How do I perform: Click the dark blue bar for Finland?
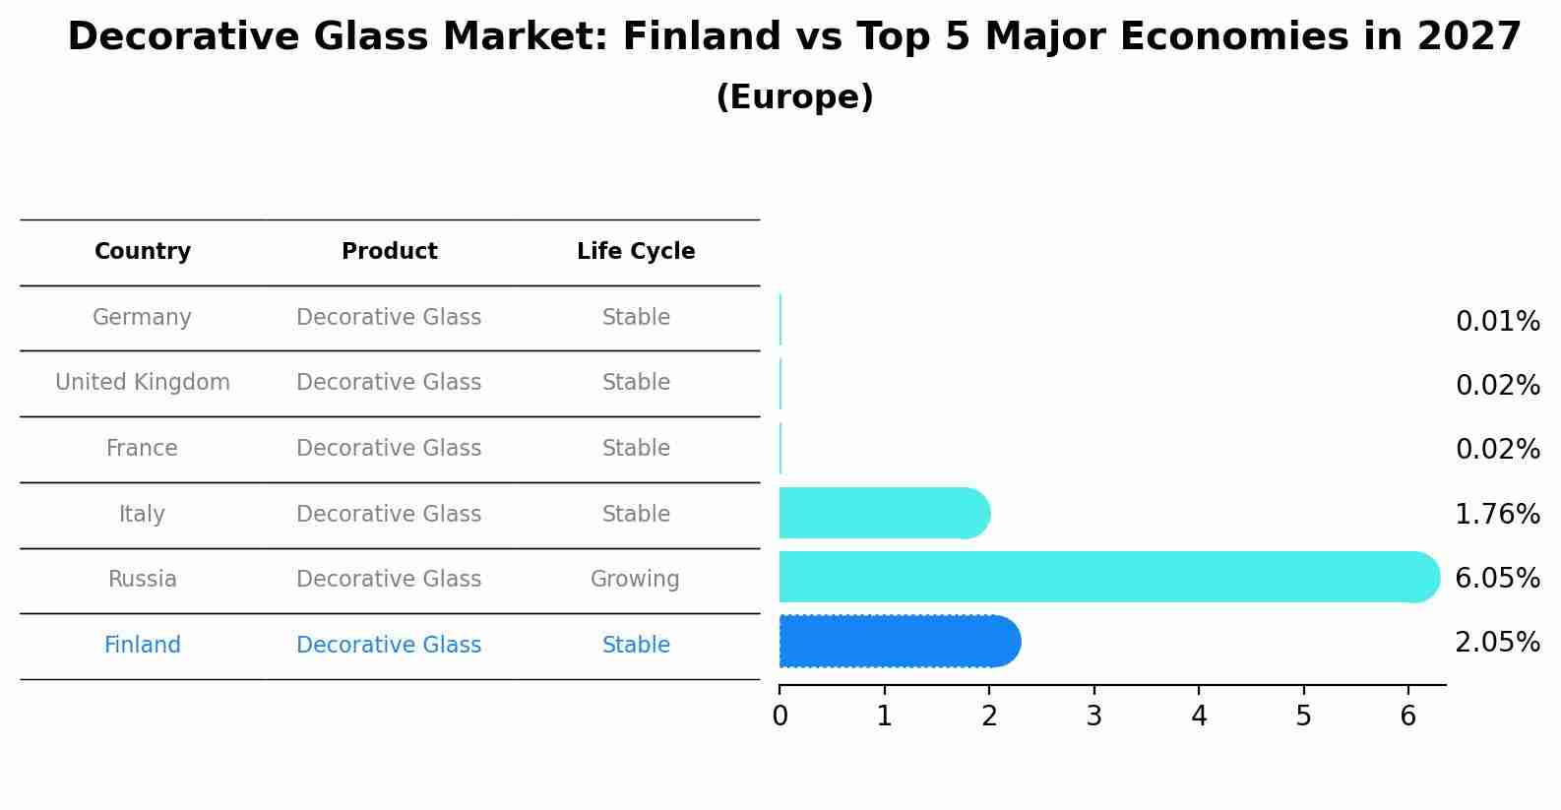tap(900, 642)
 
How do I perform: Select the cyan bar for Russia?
tap(1109, 577)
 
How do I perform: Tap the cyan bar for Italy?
tap(884, 513)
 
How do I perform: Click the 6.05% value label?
tap(1498, 578)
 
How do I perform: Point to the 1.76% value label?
tap(1498, 514)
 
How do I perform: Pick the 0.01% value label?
tap(1498, 322)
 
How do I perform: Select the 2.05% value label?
tap(1498, 642)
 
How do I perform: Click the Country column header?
tap(143, 251)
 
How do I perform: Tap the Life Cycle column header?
tap(636, 251)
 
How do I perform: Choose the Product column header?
tap(390, 251)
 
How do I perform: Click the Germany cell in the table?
tap(142, 317)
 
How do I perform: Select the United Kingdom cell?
tap(143, 382)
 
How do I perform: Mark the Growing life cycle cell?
tap(635, 580)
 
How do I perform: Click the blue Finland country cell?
tap(143, 645)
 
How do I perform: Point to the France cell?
tap(142, 448)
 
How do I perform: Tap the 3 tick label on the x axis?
tap(1094, 716)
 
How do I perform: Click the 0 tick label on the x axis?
tap(780, 716)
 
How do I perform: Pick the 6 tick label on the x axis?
tap(1407, 716)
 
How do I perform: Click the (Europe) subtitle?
tap(794, 96)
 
